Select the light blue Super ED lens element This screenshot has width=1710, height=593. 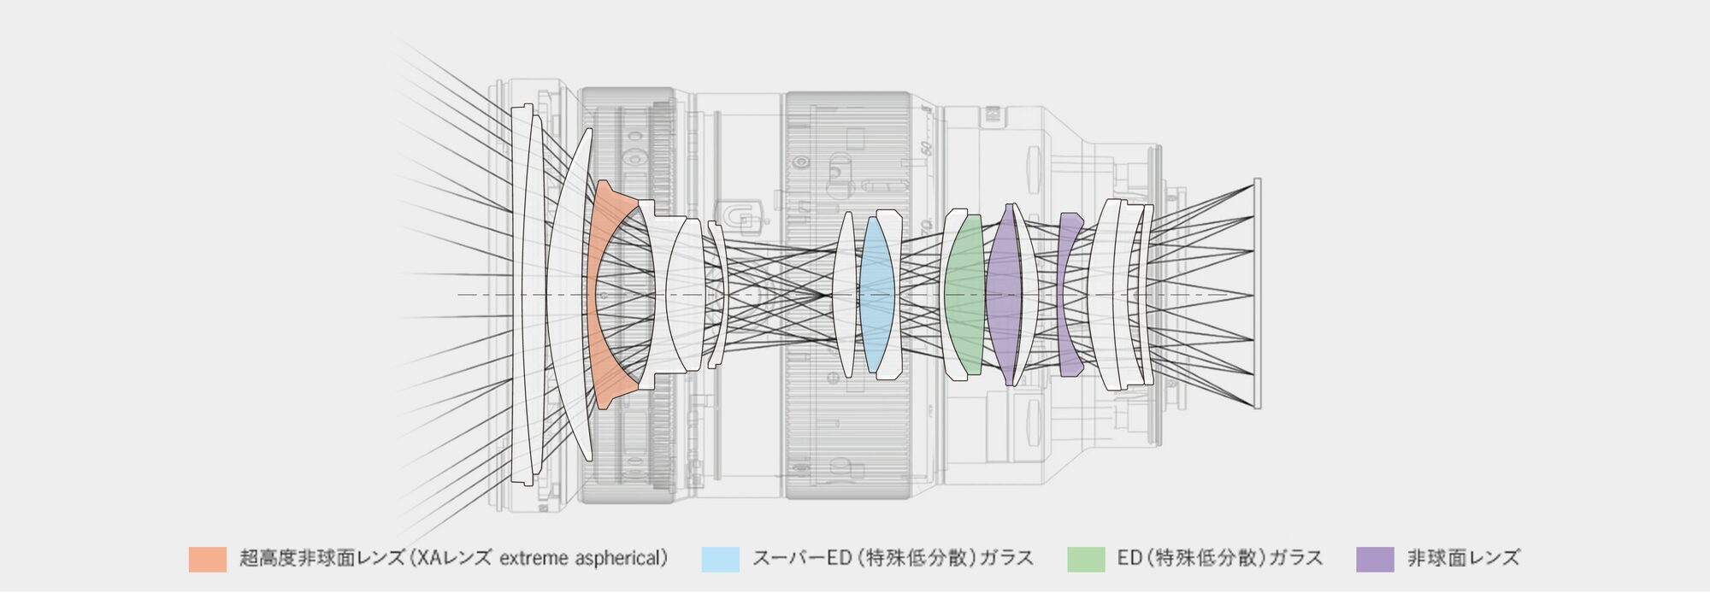coord(876,295)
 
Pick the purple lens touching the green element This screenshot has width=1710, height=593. coord(1004,295)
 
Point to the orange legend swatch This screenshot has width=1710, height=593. coord(208,559)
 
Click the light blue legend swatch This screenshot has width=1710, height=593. coord(720,559)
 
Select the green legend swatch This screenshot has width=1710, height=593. coord(1086,559)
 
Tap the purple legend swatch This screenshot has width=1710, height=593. coord(1375,559)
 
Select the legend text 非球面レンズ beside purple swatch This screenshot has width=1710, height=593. coord(1464,559)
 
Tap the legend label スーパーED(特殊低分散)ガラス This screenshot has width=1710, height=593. coord(893,559)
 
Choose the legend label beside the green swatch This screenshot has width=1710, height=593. coord(1220,559)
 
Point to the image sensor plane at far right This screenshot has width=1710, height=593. coord(1257,294)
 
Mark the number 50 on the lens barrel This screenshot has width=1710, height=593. coord(925,148)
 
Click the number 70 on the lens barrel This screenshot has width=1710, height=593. coord(926,227)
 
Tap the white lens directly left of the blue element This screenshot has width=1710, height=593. coord(846,295)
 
